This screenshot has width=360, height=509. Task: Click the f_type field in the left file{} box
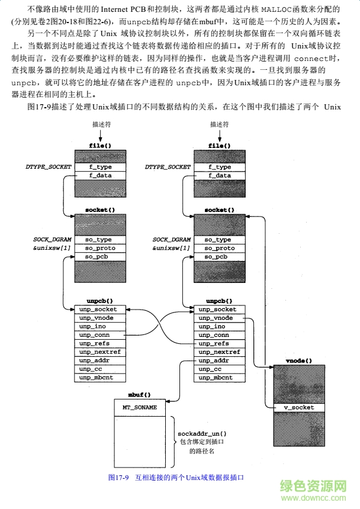(x=100, y=167)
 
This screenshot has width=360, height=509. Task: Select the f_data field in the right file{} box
(x=218, y=175)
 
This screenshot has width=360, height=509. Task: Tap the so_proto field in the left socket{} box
(x=100, y=248)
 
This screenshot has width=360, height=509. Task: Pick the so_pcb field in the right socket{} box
(x=218, y=257)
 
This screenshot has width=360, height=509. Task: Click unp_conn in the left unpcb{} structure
(x=100, y=335)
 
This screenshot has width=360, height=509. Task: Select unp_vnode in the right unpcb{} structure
(x=218, y=318)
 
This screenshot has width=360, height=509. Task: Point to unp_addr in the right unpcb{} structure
(x=218, y=360)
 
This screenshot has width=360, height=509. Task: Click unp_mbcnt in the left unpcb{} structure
(x=100, y=378)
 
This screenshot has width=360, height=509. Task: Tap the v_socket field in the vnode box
(x=300, y=408)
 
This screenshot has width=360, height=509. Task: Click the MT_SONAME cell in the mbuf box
(x=140, y=408)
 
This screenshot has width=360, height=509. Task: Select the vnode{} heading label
(x=299, y=360)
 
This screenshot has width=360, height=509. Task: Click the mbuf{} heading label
(x=140, y=394)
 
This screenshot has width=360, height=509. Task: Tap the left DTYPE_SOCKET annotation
(x=49, y=167)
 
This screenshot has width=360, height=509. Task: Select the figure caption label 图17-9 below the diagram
(x=118, y=477)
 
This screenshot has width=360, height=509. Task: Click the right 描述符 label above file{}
(x=220, y=125)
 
